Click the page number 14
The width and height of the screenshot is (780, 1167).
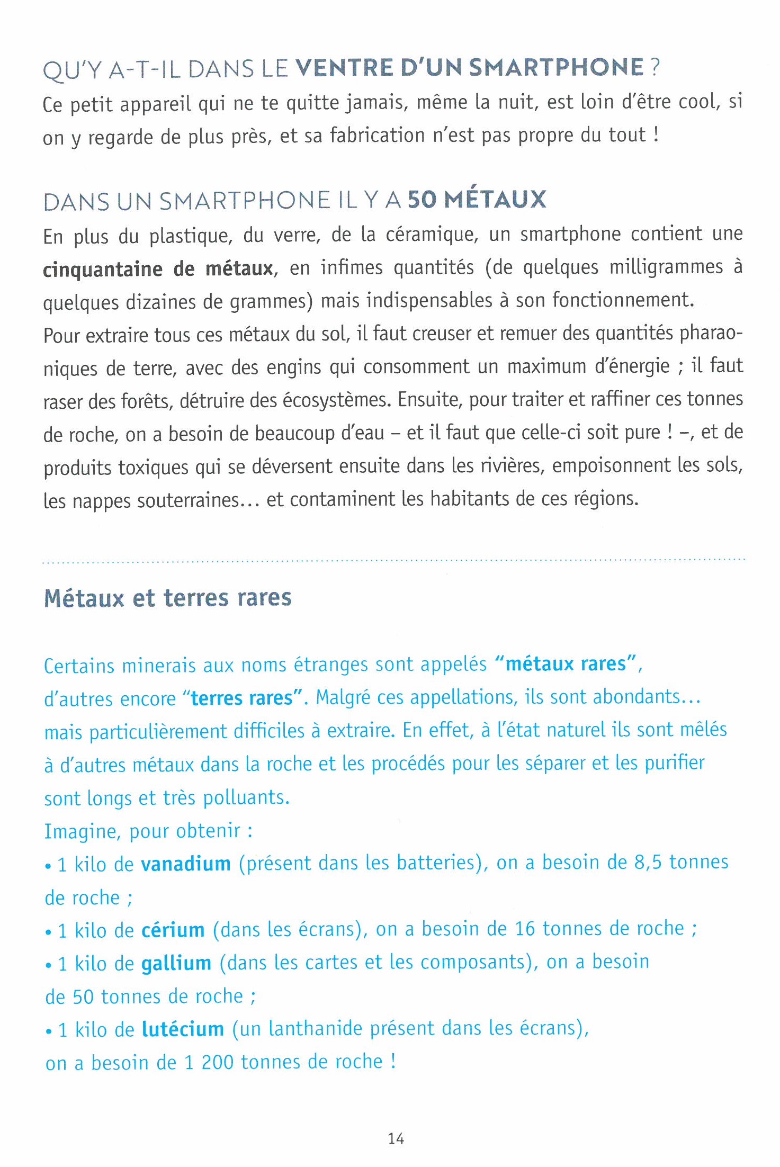pyautogui.click(x=396, y=1138)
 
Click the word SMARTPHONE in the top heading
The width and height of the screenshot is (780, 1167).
pyautogui.click(x=556, y=68)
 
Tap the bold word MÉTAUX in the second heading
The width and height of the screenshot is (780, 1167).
pyautogui.click(x=495, y=200)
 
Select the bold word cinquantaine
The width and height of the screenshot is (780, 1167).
pyautogui.click(x=103, y=269)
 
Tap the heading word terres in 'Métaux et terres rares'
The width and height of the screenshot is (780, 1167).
pyautogui.click(x=196, y=598)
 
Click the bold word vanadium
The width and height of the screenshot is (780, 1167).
pyautogui.click(x=186, y=864)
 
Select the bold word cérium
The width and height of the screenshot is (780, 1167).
pyautogui.click(x=173, y=930)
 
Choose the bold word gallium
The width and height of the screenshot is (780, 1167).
pyautogui.click(x=176, y=963)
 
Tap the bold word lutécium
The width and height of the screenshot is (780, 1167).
pyautogui.click(x=183, y=1029)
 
